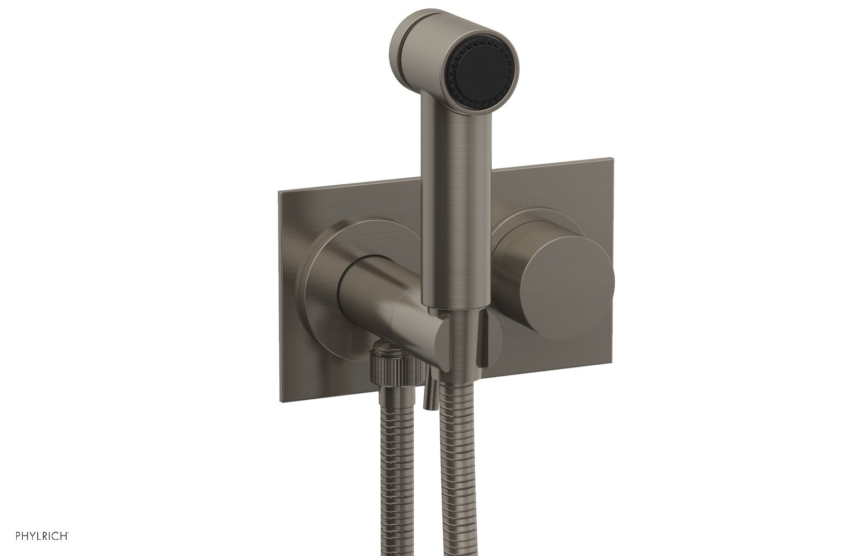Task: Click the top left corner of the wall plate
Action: pyautogui.click(x=279, y=193)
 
